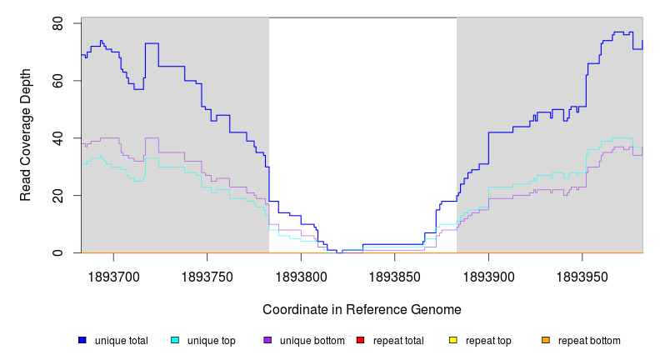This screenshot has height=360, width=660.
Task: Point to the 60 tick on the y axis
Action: (x=58, y=81)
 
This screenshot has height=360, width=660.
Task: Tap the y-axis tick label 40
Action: (x=58, y=138)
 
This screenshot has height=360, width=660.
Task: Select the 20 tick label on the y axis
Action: (x=58, y=195)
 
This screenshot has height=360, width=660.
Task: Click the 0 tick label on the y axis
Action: (x=58, y=252)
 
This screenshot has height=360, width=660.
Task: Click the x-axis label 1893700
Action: (x=113, y=273)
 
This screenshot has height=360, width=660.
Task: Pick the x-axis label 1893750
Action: (x=207, y=273)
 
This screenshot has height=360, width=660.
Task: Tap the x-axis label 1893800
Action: (x=301, y=273)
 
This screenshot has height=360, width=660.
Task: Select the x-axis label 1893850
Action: (x=394, y=273)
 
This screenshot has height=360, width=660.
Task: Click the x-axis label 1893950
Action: (x=582, y=273)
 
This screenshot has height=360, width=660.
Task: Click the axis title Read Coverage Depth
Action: (x=27, y=135)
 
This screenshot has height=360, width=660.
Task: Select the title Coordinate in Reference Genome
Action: (x=362, y=309)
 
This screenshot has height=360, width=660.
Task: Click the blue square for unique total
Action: (x=82, y=341)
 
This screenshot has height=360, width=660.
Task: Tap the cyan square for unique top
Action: (x=175, y=341)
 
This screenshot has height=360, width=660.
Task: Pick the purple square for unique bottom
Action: (x=267, y=341)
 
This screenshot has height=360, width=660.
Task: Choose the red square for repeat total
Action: (x=360, y=341)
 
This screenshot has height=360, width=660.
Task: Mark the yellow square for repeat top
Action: (x=453, y=341)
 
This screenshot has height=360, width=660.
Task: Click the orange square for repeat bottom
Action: (x=546, y=341)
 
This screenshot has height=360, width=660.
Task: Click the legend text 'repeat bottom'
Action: (x=589, y=341)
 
